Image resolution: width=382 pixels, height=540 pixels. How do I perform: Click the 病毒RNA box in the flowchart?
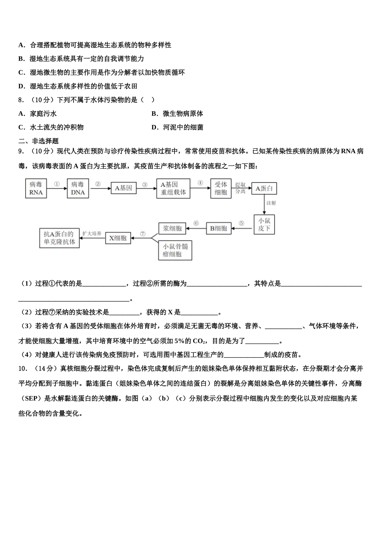(x=36, y=188)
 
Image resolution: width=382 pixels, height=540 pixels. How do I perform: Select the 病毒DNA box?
(x=78, y=188)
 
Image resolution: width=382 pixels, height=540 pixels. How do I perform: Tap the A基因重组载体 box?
(x=173, y=188)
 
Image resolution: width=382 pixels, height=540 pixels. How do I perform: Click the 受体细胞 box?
(x=221, y=188)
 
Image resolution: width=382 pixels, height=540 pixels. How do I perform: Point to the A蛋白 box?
(x=264, y=188)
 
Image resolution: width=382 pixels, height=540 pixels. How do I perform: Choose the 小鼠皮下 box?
(x=264, y=225)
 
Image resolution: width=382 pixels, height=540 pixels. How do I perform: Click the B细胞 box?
(x=219, y=229)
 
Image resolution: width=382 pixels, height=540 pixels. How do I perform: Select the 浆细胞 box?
(x=172, y=229)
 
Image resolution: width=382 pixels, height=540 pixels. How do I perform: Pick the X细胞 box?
(x=118, y=238)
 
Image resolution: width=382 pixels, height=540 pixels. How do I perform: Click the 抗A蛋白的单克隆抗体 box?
(x=60, y=238)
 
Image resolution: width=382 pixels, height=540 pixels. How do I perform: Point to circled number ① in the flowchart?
(x=57, y=184)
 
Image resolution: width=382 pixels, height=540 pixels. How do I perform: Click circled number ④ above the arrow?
(x=200, y=183)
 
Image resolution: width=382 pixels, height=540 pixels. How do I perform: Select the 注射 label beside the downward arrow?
(x=271, y=203)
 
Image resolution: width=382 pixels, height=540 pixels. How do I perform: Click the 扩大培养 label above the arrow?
(x=92, y=233)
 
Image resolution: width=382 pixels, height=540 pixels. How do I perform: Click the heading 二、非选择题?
(x=39, y=141)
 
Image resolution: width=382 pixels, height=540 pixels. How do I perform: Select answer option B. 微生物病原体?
(x=177, y=114)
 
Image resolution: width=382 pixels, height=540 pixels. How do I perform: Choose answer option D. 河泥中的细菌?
(x=177, y=127)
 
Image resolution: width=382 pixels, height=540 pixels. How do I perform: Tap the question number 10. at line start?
(x=23, y=368)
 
